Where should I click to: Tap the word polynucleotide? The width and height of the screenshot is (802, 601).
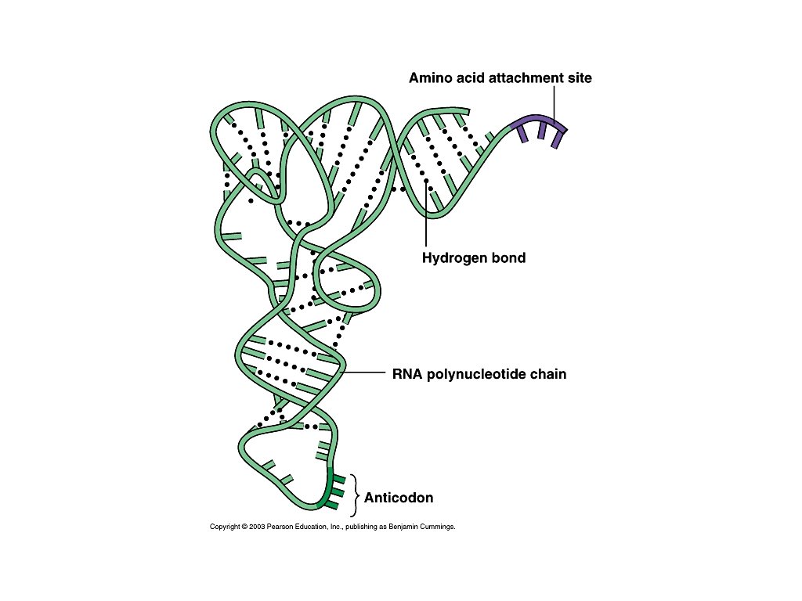[476, 374]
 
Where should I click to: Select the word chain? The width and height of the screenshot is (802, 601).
[548, 374]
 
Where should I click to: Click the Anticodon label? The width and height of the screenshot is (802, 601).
[399, 498]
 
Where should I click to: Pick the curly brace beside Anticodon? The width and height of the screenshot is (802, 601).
[356, 496]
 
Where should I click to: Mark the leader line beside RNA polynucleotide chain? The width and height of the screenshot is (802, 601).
[364, 373]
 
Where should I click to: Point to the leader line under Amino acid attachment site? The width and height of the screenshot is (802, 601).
[555, 102]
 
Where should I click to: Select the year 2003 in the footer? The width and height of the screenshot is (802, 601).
[257, 527]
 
